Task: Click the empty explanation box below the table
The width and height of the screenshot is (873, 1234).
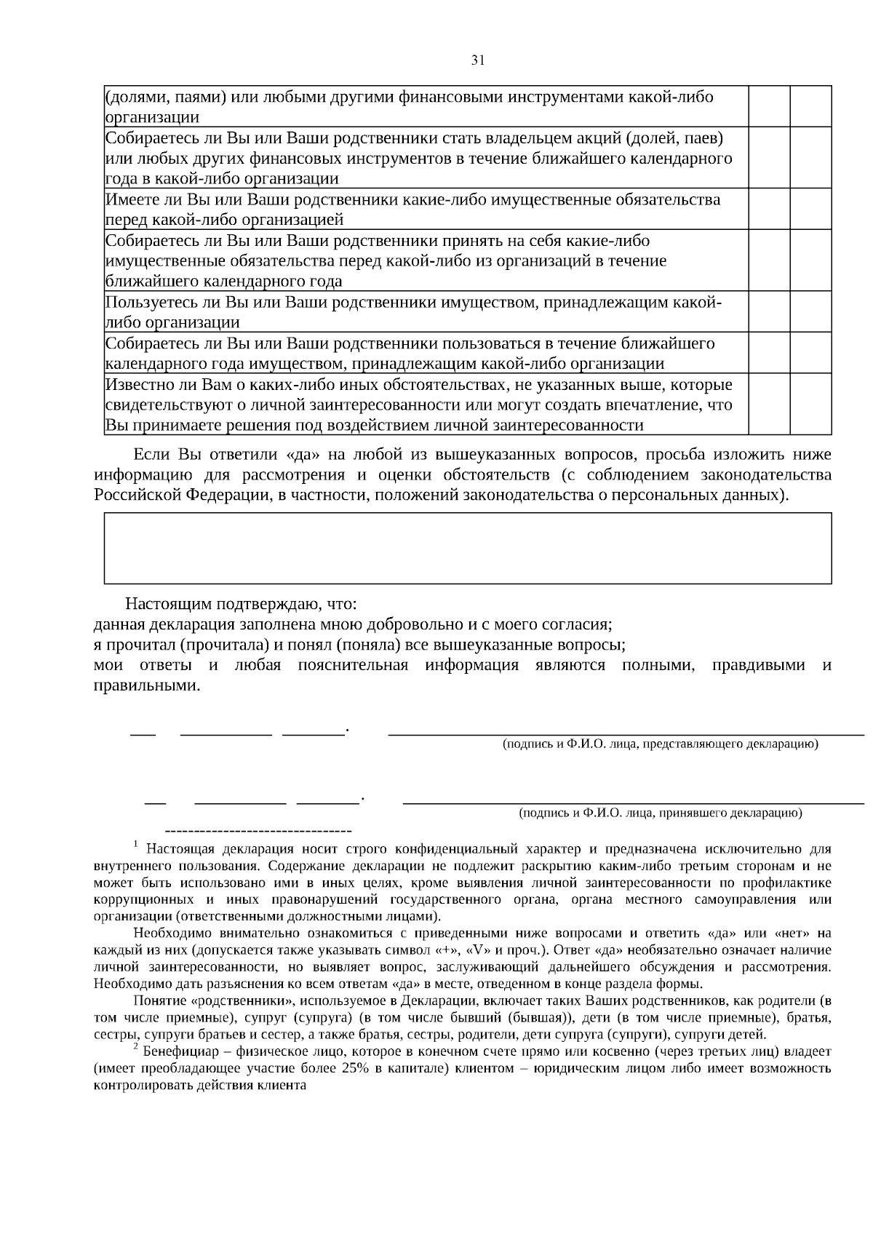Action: tap(467, 547)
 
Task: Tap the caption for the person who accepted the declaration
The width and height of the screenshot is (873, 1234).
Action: tap(660, 812)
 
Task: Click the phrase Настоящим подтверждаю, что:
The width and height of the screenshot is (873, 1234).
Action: tap(241, 604)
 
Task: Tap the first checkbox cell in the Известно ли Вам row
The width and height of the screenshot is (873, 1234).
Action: tap(770, 405)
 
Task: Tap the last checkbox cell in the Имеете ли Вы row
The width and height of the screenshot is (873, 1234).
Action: tap(810, 210)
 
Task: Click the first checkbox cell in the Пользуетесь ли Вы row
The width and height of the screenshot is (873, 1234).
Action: tap(770, 312)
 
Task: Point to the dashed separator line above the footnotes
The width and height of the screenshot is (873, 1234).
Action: tap(258, 830)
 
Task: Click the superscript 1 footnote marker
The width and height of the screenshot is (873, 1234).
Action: tap(136, 844)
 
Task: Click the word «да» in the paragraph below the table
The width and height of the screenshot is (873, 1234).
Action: tap(300, 455)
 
